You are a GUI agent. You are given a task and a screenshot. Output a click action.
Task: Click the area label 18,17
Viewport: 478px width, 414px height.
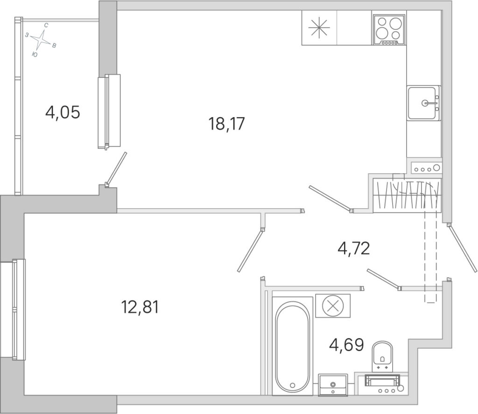point(226,124)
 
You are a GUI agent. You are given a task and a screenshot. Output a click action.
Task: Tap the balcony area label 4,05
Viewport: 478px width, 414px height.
point(63,112)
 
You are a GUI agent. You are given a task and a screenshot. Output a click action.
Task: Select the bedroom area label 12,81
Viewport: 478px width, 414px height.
point(140,307)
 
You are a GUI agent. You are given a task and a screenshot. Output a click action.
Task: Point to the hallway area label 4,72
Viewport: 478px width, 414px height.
point(354,248)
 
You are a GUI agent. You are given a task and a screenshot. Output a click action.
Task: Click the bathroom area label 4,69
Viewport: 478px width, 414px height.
point(347,345)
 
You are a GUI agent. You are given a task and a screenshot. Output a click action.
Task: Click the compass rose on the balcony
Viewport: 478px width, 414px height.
point(41,40)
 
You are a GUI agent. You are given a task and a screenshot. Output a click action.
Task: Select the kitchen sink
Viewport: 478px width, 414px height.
point(424,103)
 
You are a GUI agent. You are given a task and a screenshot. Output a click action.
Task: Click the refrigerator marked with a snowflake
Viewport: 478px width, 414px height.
point(319,28)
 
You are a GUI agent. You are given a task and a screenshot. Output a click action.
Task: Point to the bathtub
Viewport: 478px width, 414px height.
point(292,346)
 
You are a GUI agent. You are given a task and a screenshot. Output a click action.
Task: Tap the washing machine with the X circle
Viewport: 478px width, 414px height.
point(333,305)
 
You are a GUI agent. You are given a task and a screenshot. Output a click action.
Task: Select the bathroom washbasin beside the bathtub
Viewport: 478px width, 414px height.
point(332,385)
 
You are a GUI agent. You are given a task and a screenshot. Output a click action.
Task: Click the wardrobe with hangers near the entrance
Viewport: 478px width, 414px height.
point(407,195)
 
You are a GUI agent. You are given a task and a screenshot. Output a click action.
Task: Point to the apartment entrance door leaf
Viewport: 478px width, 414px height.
point(462,248)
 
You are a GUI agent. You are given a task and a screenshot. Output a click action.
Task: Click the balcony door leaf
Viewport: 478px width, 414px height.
point(116,169)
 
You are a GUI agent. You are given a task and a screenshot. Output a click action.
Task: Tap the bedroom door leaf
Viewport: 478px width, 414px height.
point(250,250)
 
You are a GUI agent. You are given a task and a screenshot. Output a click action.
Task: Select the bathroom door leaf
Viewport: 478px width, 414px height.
point(384,280)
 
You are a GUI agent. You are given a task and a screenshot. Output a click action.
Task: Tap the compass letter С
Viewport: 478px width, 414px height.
point(46,25)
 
